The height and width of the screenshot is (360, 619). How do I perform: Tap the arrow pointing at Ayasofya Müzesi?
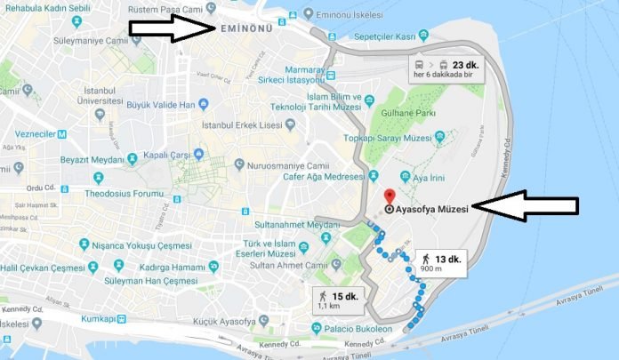coord(525,206)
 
